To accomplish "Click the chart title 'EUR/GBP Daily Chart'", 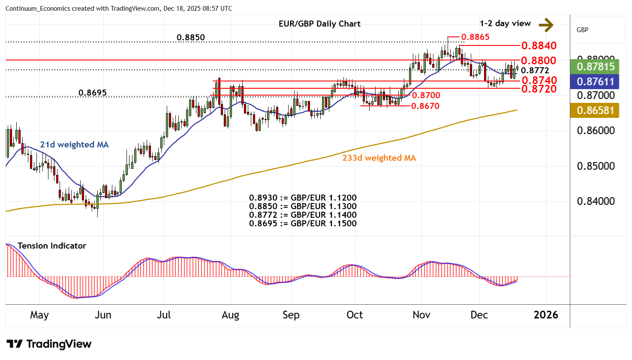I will (319, 24).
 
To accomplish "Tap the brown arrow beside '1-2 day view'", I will (546, 25).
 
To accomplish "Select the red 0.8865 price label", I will (475, 37).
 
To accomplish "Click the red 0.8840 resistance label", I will (539, 45).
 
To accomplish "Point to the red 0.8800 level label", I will (539, 60).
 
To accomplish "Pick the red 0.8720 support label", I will (539, 89).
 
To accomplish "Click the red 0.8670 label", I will (425, 106).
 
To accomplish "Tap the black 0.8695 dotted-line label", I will (93, 93).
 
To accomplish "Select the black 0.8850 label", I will (191, 37).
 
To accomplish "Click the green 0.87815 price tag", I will (596, 67).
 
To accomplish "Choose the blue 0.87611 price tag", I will (596, 81).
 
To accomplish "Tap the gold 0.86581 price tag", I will (596, 110).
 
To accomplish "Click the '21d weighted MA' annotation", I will (74, 144).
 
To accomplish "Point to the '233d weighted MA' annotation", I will (379, 158).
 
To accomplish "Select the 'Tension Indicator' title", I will (52, 246).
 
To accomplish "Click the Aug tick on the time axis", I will (230, 315).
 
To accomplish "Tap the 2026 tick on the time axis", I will (546, 315).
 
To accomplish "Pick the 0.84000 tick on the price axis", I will (596, 201).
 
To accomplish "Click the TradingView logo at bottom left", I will (49, 344).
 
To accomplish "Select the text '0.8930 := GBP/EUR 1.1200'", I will (303, 198).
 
